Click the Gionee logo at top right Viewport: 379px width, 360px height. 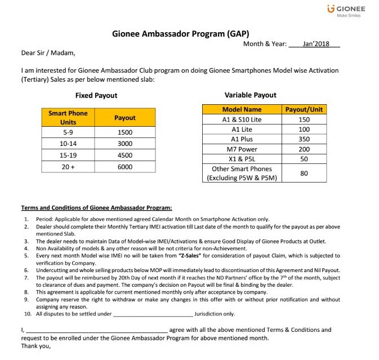tap(346, 11)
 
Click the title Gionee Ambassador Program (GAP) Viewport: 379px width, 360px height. tap(181, 33)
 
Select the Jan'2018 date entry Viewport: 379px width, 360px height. tap(315, 44)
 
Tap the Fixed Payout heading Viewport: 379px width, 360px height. tap(96, 96)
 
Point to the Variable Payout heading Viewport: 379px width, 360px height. tap(250, 95)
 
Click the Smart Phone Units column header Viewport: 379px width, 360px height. tap(68, 118)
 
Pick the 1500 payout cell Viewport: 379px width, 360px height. tap(124, 132)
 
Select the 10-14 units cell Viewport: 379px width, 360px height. tap(68, 144)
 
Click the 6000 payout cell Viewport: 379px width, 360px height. tap(124, 167)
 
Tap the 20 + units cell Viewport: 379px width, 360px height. tap(68, 167)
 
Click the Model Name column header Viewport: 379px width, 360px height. tap(242, 109)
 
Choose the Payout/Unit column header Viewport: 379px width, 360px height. tap(304, 109)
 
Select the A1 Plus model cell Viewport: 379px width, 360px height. tap(242, 139)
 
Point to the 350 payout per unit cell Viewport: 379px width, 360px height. tap(304, 139)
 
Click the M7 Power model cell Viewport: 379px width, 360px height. tap(242, 149)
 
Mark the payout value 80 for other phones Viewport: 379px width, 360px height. tap(304, 174)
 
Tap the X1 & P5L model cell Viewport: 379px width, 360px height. tap(242, 159)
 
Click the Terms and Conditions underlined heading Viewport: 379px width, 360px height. tap(96, 208)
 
